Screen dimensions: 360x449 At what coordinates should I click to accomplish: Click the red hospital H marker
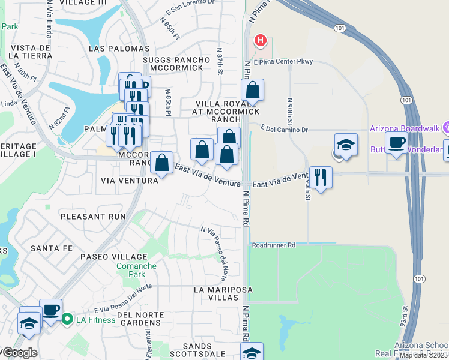pyautogui.click(x=260, y=41)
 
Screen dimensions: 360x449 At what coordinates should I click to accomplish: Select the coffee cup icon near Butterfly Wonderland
pyautogui.click(x=396, y=143)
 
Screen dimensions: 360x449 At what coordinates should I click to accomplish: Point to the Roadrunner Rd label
pyautogui.click(x=274, y=245)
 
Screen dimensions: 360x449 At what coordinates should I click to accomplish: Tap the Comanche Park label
pyautogui.click(x=136, y=270)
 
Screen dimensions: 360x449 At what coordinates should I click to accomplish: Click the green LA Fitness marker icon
pyautogui.click(x=67, y=319)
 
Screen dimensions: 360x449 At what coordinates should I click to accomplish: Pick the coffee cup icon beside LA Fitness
pyautogui.click(x=50, y=310)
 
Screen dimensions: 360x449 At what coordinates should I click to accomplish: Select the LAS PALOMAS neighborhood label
pyautogui.click(x=119, y=48)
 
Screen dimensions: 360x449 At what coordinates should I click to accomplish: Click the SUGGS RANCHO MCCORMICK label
pyautogui.click(x=176, y=64)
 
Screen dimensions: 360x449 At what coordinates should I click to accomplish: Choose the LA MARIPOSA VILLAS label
pyautogui.click(x=223, y=294)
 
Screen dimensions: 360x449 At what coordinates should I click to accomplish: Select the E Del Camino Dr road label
pyautogui.click(x=284, y=129)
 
